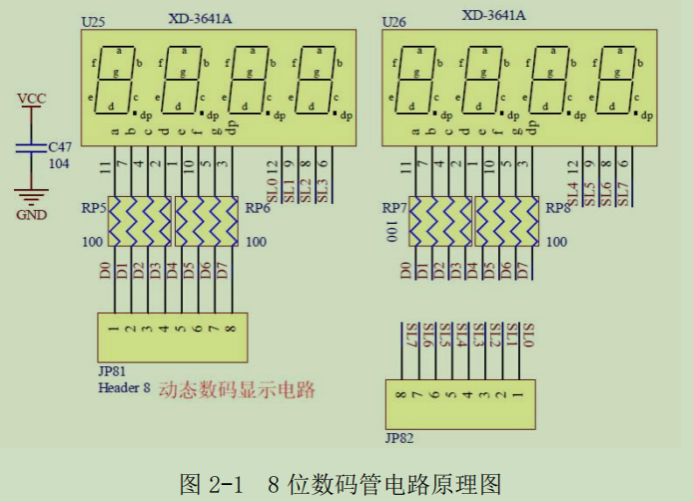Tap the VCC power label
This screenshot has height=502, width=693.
32,97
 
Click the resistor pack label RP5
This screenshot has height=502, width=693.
94,210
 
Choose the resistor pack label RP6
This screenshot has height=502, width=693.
258,210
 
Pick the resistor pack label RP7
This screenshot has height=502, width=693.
393,209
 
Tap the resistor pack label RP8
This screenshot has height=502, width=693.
557,210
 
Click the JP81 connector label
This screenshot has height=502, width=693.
112,371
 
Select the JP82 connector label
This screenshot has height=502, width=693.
398,437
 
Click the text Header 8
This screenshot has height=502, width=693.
124,387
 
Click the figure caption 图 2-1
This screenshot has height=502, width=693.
212,484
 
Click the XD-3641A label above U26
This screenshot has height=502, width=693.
493,15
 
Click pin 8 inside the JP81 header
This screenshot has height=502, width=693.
231,328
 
